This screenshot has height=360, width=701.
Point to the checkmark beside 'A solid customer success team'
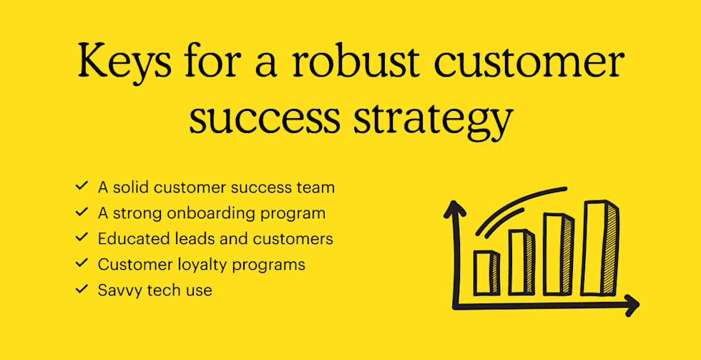81,188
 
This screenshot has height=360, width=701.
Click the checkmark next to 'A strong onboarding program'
81,213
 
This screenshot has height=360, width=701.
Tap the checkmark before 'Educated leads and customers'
81,239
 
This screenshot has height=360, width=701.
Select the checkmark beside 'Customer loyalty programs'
81,264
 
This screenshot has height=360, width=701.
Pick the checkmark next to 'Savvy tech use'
81,290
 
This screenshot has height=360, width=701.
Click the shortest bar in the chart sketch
486,273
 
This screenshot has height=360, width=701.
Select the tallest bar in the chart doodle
599,248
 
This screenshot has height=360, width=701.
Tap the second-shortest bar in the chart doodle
521,262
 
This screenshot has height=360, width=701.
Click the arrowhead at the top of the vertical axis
454,208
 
